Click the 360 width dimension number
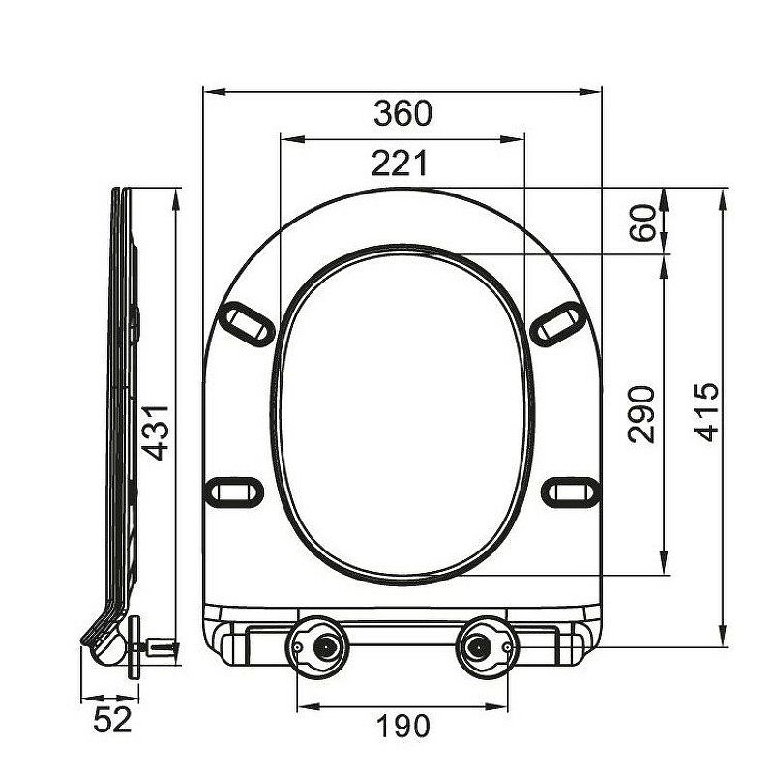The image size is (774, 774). [402, 113]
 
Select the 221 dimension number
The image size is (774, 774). [400, 164]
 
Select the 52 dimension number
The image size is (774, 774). [111, 720]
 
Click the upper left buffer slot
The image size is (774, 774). [248, 321]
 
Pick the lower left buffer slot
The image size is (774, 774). [236, 491]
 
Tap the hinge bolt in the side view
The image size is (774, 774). [158, 645]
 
